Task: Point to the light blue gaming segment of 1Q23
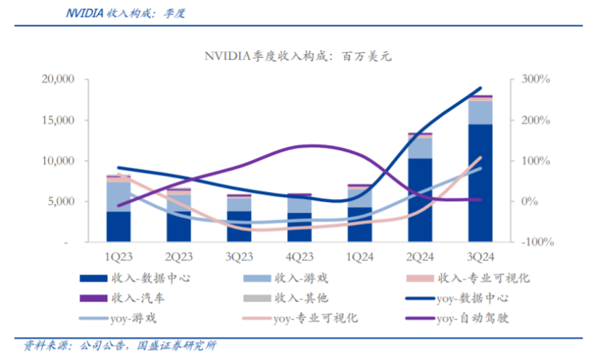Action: coord(119,196)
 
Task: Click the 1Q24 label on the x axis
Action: coord(359,255)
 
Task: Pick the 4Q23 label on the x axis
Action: coord(300,255)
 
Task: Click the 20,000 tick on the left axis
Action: coord(61,79)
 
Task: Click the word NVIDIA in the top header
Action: coord(84,13)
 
